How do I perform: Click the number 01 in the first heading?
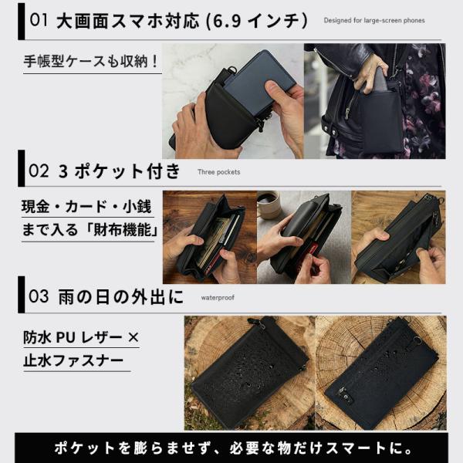point(39,21)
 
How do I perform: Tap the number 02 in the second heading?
point(39,171)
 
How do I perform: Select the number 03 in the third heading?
point(39,296)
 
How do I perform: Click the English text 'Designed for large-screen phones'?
point(374,21)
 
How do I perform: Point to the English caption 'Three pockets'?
point(219,172)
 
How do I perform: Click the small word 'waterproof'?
point(218,298)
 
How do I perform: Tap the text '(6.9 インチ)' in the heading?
point(257,22)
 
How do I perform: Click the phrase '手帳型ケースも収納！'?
point(91,62)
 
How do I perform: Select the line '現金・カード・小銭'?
point(86,207)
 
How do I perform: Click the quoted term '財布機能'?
point(122,230)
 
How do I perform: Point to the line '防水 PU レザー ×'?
point(81,338)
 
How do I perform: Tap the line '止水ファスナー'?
point(73,361)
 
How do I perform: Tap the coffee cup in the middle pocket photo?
point(269,205)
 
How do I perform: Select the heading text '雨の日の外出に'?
point(121,297)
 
